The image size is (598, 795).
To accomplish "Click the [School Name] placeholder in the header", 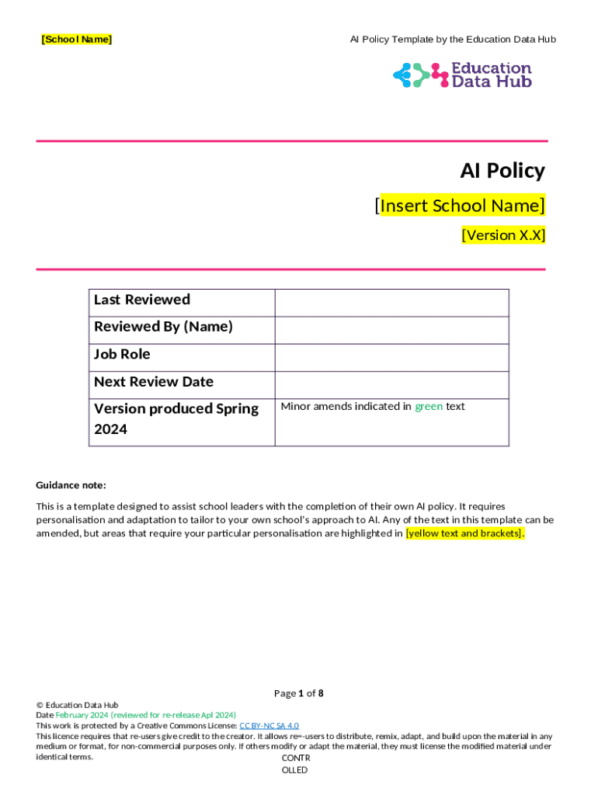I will (x=76, y=39).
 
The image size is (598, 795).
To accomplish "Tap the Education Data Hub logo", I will (x=462, y=75).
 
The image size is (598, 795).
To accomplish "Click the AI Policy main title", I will (x=502, y=171).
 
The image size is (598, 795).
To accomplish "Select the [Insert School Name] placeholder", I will (x=460, y=206).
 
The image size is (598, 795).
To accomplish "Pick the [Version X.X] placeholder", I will (x=503, y=234).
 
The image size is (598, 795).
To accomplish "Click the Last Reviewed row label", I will (x=142, y=300).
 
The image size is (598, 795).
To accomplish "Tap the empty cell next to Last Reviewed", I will (x=391, y=303).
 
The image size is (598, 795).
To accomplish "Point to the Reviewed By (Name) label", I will (x=163, y=327).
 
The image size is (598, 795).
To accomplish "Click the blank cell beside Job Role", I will (x=391, y=357).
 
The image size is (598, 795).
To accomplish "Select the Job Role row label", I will (x=122, y=355).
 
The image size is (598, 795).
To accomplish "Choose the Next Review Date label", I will (x=154, y=382).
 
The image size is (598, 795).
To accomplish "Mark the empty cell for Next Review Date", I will (x=391, y=384).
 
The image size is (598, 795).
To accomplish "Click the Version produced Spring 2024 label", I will (x=176, y=418).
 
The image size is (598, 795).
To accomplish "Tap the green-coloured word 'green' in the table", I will (x=429, y=406).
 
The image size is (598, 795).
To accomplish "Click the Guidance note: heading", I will (x=71, y=485).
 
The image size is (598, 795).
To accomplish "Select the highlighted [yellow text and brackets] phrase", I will (x=465, y=533).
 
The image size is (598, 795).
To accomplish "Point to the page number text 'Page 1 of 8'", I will (x=299, y=693).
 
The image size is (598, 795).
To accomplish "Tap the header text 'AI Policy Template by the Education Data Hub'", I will (x=453, y=39).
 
